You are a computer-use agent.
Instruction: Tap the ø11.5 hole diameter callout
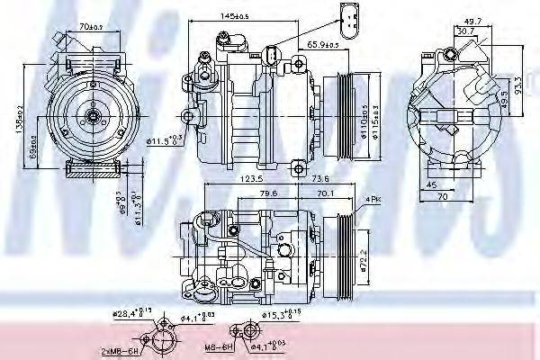point(163,139)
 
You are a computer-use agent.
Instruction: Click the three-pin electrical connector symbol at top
point(350,16)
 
